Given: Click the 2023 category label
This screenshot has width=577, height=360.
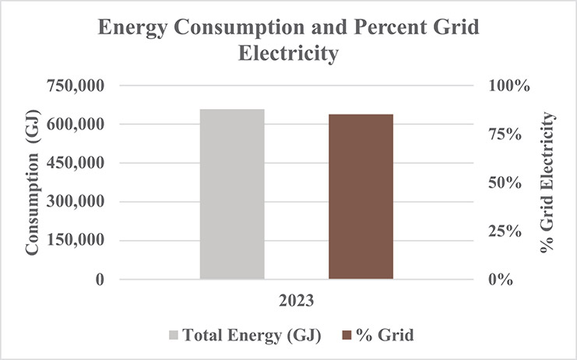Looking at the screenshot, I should [x=297, y=300].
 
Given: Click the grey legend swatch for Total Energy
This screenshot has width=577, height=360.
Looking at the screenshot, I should [x=174, y=335].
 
